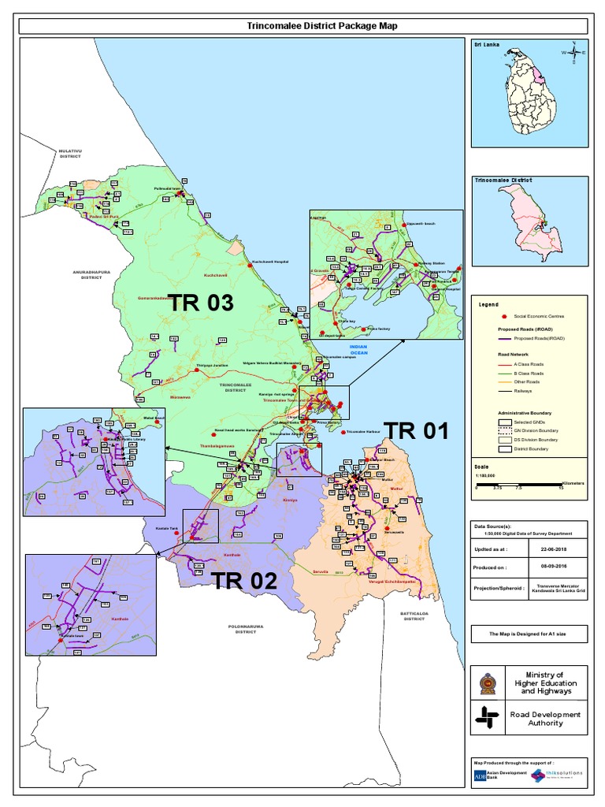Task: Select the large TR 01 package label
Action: (416, 430)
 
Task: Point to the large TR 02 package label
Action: (244, 582)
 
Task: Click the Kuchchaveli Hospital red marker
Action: (247, 262)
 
